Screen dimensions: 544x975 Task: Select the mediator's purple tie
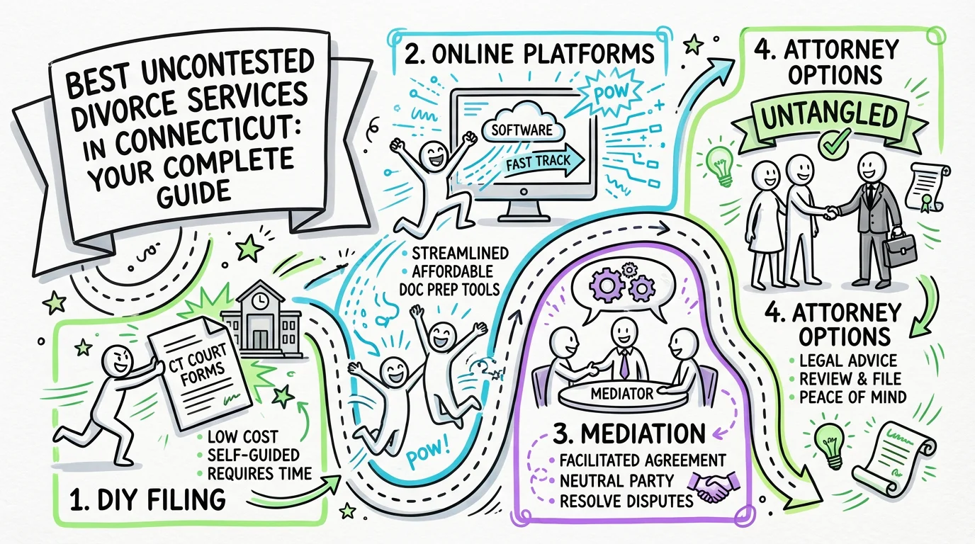624,364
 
